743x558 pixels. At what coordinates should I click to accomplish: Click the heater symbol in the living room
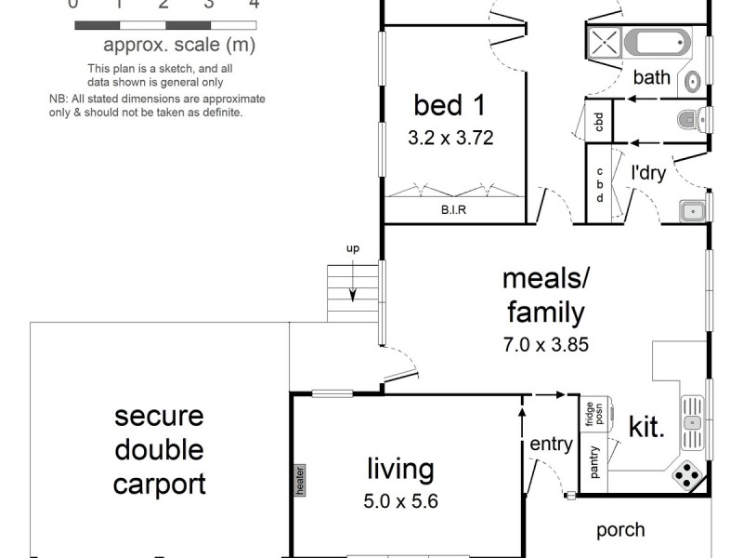(x=300, y=480)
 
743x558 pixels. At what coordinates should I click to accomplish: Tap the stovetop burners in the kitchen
(x=687, y=475)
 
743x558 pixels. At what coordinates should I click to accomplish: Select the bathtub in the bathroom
(x=657, y=42)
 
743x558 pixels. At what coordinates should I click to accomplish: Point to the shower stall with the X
(x=605, y=42)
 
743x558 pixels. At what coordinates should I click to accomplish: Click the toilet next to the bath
(x=693, y=119)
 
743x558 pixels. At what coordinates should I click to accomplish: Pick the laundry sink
(x=693, y=211)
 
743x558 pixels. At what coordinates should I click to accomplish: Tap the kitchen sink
(x=692, y=422)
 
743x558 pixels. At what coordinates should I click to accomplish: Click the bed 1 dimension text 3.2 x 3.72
(x=450, y=138)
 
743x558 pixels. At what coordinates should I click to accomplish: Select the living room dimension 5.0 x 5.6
(x=401, y=501)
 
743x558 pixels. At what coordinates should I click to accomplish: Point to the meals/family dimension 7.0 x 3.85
(x=546, y=344)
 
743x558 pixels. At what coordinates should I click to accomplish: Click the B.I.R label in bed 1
(x=453, y=210)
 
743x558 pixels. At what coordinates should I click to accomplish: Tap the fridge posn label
(x=594, y=414)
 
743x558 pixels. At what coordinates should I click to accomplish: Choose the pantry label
(x=594, y=461)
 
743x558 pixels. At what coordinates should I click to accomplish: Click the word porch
(x=620, y=530)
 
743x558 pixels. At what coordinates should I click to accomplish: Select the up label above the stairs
(x=353, y=248)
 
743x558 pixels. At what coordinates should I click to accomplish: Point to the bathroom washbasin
(x=693, y=83)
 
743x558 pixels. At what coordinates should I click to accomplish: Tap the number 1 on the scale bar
(x=119, y=5)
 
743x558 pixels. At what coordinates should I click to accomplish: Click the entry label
(x=551, y=445)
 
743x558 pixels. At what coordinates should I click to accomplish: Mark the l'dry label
(x=648, y=172)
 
